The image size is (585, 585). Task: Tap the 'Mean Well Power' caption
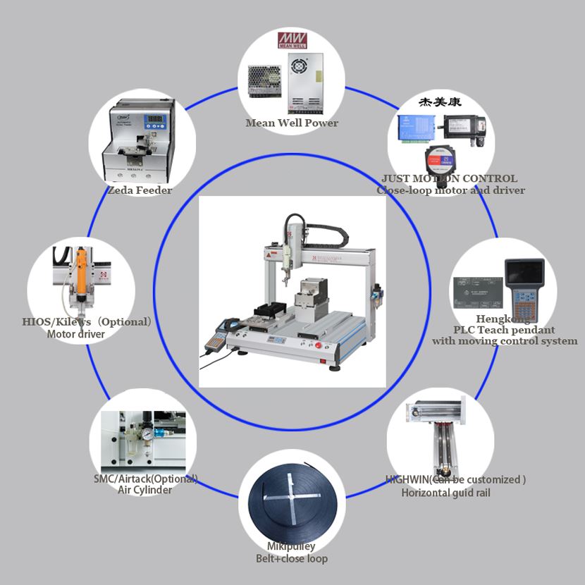click(x=292, y=123)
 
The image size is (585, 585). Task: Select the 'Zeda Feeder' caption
click(x=140, y=190)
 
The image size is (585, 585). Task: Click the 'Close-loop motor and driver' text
click(x=450, y=190)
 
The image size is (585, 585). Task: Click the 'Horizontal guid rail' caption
click(x=445, y=493)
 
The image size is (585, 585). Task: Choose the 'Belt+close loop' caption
click(x=291, y=559)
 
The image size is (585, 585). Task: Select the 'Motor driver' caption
click(x=76, y=334)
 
